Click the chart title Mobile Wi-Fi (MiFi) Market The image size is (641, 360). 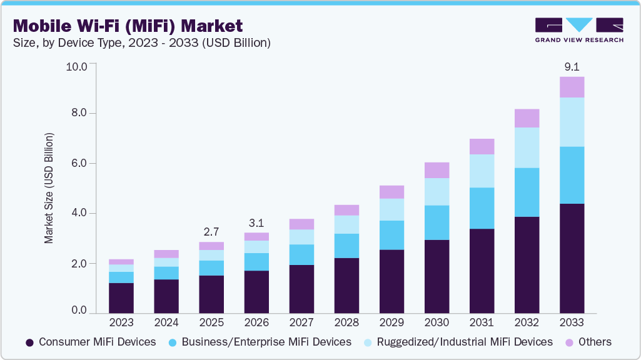(x=128, y=26)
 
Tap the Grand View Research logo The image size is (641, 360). (x=578, y=30)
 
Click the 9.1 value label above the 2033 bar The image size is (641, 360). (x=572, y=66)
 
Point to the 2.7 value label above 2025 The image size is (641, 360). (x=211, y=231)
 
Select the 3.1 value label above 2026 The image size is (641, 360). (x=256, y=222)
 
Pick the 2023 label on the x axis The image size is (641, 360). (x=121, y=322)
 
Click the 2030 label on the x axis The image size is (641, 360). (x=437, y=322)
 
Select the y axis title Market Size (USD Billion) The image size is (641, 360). (x=49, y=188)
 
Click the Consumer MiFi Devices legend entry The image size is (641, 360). (x=91, y=342)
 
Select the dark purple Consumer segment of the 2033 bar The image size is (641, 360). (x=572, y=258)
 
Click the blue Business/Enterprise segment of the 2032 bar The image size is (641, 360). (x=527, y=192)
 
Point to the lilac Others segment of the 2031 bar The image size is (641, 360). (x=482, y=146)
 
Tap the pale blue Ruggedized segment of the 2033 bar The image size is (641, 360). (x=572, y=122)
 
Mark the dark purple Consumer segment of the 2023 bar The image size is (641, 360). (x=121, y=297)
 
